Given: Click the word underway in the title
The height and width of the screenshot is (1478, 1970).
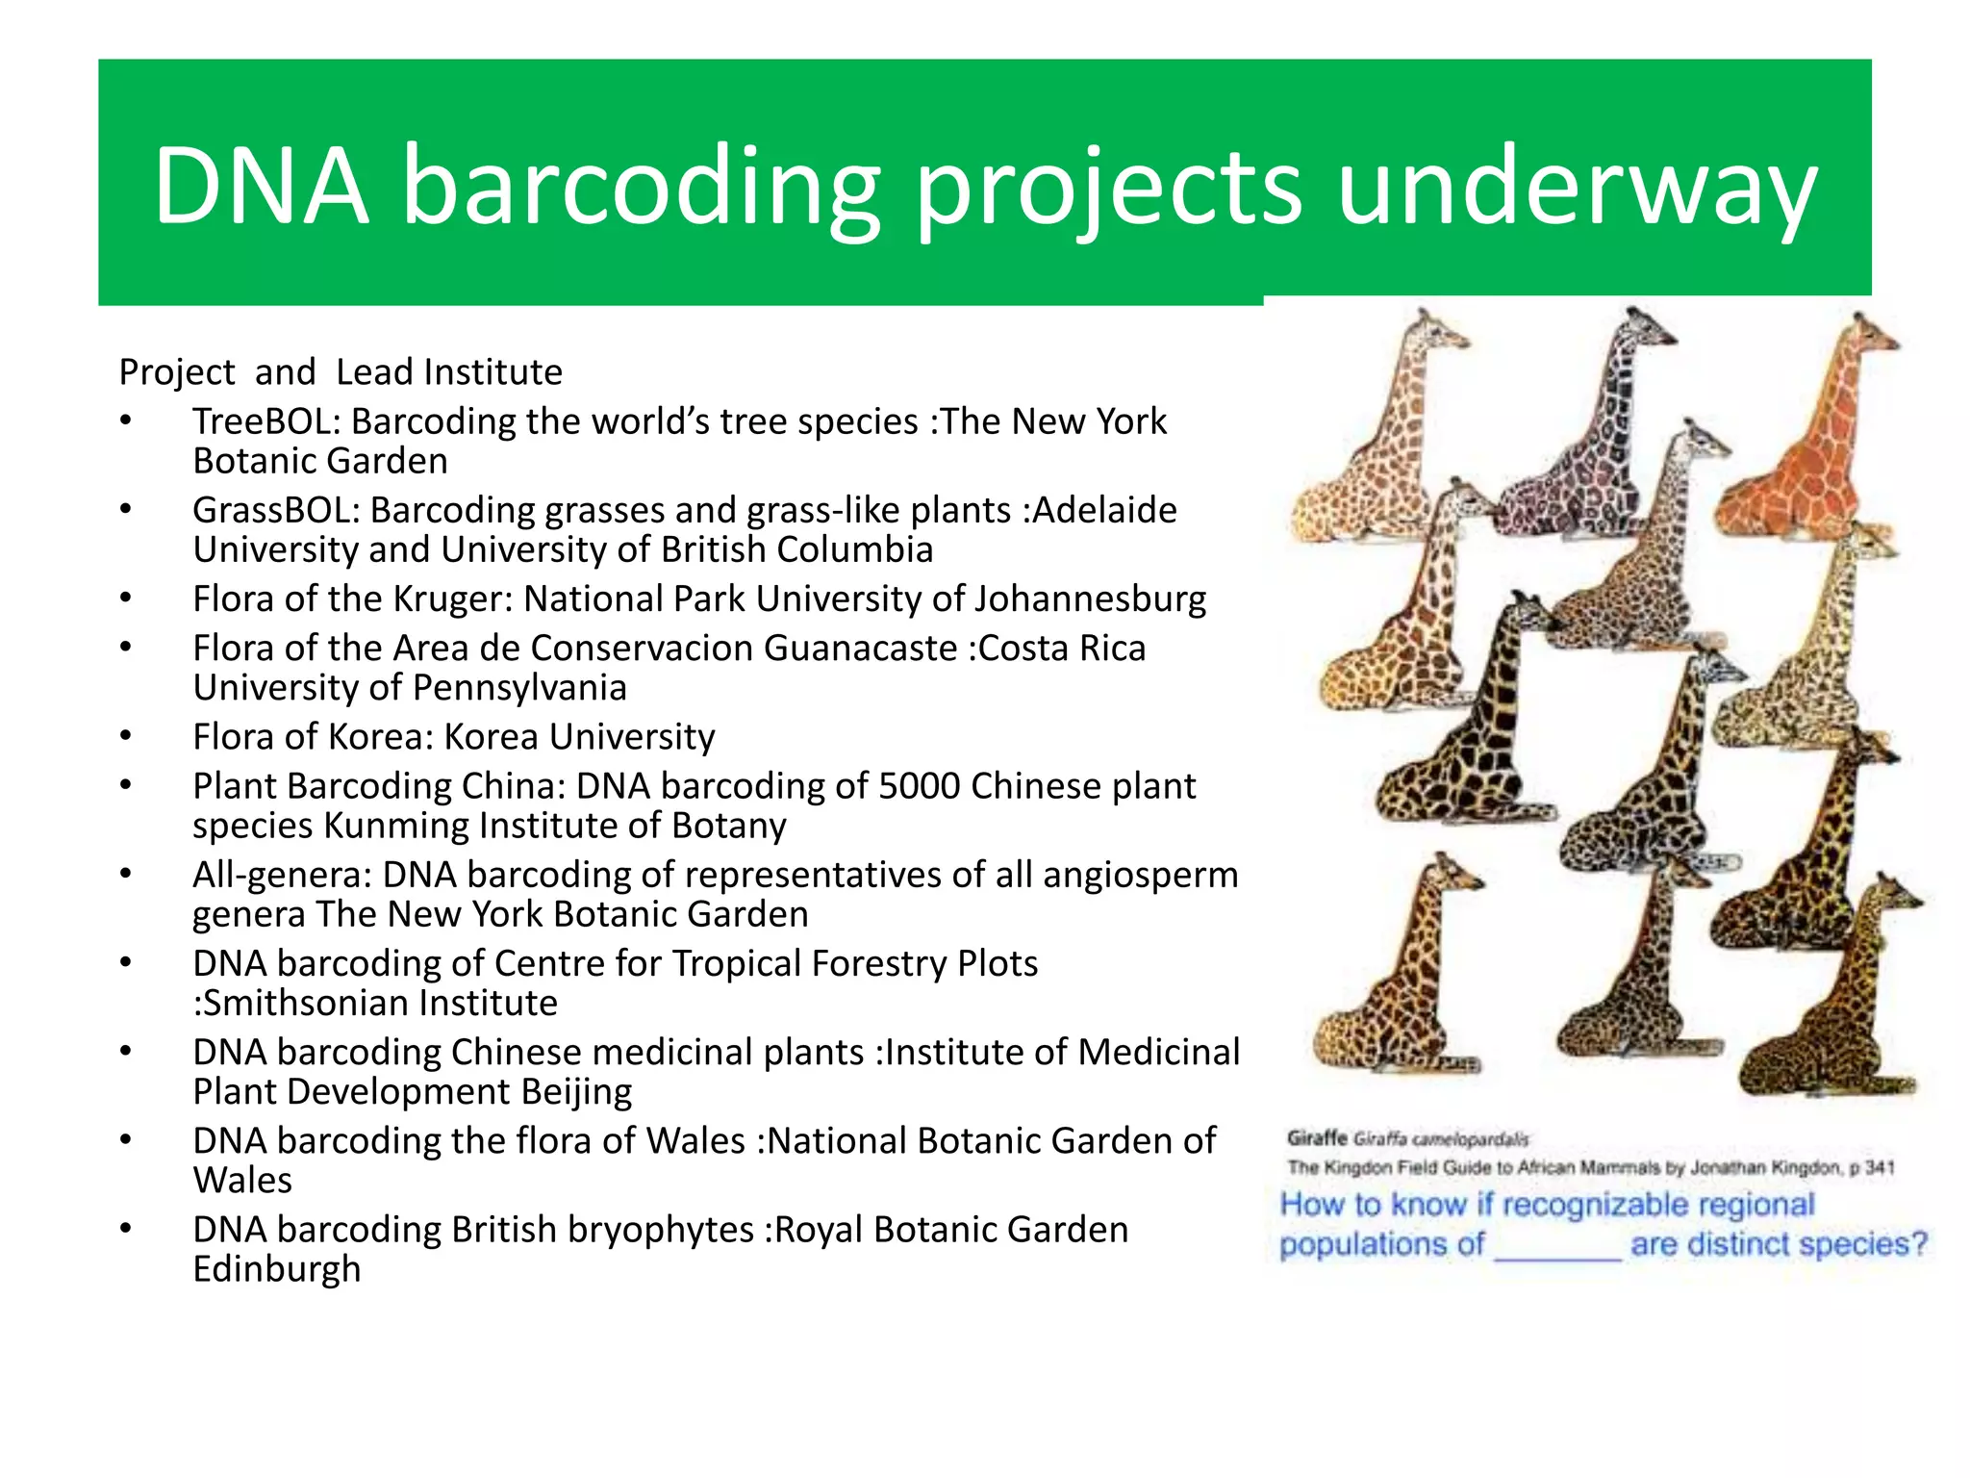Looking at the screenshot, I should (1577, 185).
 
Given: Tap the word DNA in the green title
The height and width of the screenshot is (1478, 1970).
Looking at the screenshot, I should (261, 185).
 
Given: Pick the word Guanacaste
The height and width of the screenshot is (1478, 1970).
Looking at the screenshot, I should (860, 649).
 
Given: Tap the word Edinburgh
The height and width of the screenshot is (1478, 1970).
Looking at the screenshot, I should (276, 1269).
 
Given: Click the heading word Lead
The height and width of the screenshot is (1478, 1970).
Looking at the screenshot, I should (374, 372).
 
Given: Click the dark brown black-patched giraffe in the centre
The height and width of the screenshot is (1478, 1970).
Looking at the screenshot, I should (1462, 722).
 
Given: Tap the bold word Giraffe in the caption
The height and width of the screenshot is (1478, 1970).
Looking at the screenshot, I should (1317, 1138).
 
